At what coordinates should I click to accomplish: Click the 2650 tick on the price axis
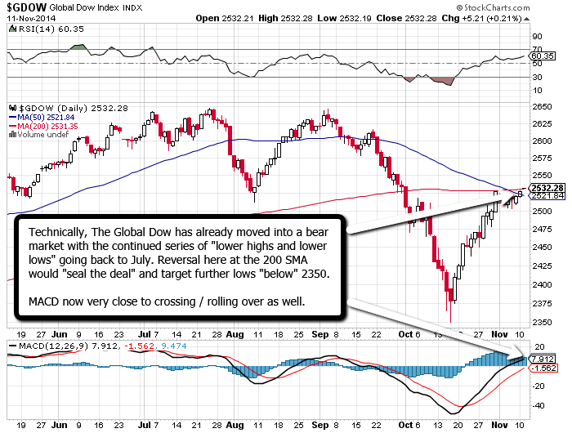540,105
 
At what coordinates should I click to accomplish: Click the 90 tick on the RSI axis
536,37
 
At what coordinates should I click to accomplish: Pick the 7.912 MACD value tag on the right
543,359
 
